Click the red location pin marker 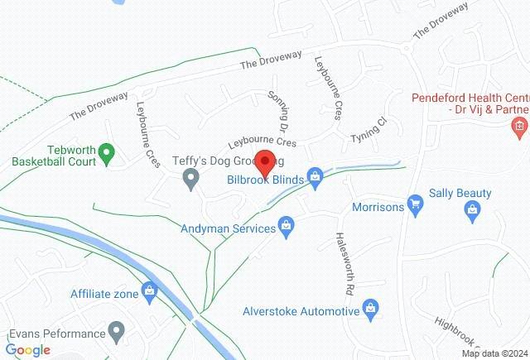pos(265,161)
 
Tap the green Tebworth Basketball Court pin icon pos(106,153)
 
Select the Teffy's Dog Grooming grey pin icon pos(191,178)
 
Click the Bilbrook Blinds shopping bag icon pos(315,175)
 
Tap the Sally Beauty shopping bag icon pos(470,213)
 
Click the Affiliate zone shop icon pos(149,290)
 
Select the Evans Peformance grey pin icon pos(117,334)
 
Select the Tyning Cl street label pos(369,129)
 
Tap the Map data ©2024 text pos(494,353)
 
